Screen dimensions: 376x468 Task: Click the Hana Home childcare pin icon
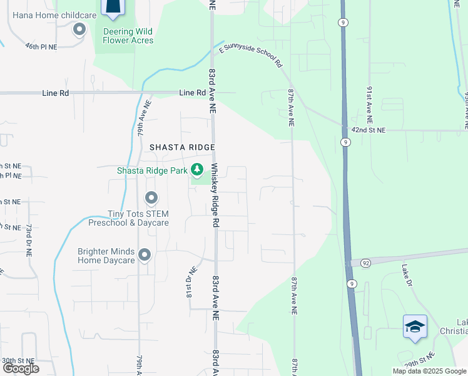[79, 29]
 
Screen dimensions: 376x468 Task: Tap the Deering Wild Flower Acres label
[128, 36]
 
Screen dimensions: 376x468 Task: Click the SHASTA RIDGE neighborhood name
[182, 147]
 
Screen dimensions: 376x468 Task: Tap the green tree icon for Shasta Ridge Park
[197, 169]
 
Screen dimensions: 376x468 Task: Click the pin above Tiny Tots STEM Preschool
[151, 199]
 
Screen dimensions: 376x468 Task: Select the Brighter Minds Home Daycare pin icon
[145, 255]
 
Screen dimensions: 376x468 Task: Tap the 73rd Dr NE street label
[29, 240]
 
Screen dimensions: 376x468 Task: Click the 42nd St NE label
[369, 130]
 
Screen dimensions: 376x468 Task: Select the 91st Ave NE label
[369, 104]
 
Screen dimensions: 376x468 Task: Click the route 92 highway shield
[364, 263]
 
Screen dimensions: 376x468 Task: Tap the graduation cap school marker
[414, 326]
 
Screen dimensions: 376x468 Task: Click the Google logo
[21, 368]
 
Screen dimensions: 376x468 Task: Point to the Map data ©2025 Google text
[429, 371]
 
